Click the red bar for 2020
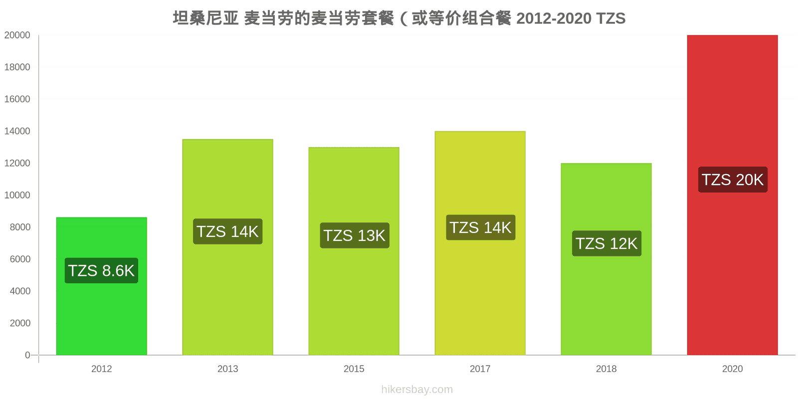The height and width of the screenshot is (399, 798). pos(732,195)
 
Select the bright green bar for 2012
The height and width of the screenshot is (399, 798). pos(102,286)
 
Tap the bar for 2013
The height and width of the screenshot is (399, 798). pos(227,247)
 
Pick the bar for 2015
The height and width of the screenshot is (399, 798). pos(354,251)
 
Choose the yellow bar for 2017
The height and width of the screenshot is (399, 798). pos(480,243)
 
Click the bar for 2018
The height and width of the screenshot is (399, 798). pos(606,259)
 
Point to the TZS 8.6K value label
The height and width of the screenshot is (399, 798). pos(101,270)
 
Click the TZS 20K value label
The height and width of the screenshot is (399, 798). pos(733,180)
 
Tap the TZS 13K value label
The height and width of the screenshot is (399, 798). pos(355,235)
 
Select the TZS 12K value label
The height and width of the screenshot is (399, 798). pos(606,243)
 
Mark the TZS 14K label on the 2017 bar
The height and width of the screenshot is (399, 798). pos(481,227)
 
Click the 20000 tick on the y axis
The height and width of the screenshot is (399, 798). pos(17,35)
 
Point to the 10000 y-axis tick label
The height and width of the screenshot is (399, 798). pos(17,195)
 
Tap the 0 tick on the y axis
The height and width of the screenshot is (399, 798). pos(27,355)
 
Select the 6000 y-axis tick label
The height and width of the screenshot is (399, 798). pos(20,259)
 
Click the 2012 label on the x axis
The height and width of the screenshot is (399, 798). pos(102,369)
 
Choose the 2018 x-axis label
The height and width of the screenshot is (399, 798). pos(606,369)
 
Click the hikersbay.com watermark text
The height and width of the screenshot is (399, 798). pos(417,389)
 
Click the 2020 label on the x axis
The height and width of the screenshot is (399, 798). pos(732,369)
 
